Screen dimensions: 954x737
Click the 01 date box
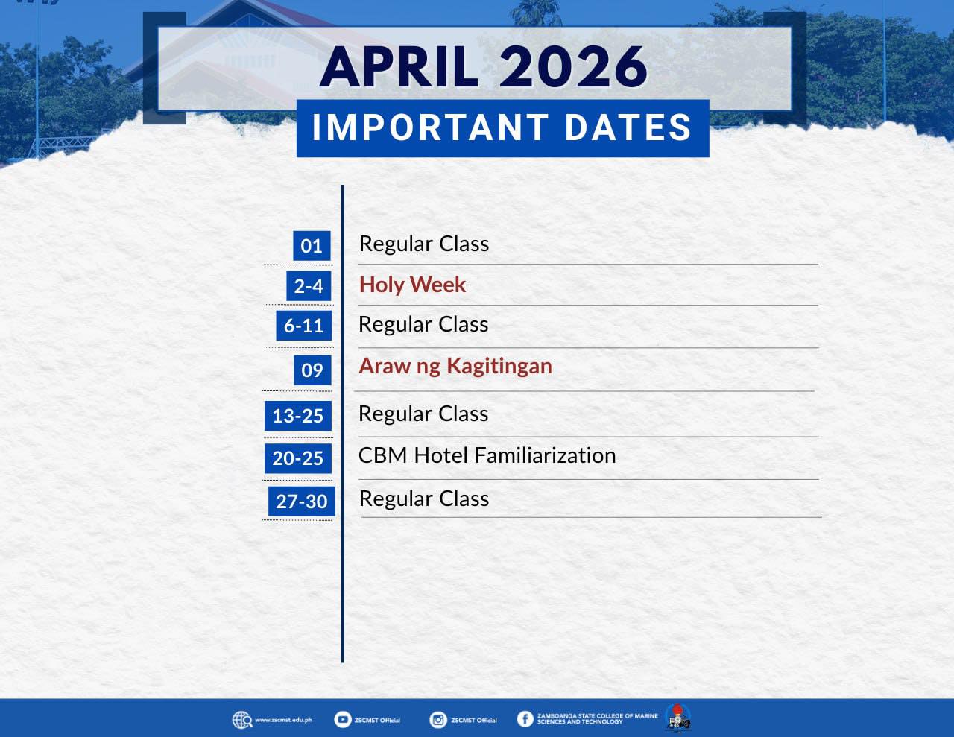(x=312, y=245)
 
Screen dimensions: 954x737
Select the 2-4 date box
(x=309, y=285)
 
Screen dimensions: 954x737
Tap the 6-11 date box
(x=304, y=326)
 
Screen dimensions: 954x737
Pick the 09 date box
(x=312, y=370)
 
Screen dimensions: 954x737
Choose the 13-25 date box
(x=298, y=416)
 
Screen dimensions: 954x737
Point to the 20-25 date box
(x=298, y=459)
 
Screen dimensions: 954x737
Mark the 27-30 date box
(x=302, y=502)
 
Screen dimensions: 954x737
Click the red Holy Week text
(x=412, y=285)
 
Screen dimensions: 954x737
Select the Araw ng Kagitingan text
(x=455, y=367)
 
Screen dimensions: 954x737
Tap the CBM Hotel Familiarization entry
(x=487, y=455)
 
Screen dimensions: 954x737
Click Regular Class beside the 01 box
(x=423, y=244)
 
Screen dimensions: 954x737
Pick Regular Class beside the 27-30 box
(x=423, y=499)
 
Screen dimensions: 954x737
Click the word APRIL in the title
(x=399, y=67)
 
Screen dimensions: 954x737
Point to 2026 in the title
(x=573, y=67)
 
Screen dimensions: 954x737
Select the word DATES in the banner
(x=628, y=127)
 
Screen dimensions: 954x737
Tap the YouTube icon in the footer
(x=342, y=720)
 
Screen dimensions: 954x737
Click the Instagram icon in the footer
(x=438, y=720)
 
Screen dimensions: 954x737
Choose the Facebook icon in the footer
(x=525, y=719)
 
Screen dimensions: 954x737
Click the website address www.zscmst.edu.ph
(x=284, y=720)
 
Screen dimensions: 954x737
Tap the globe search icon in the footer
(x=242, y=720)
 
